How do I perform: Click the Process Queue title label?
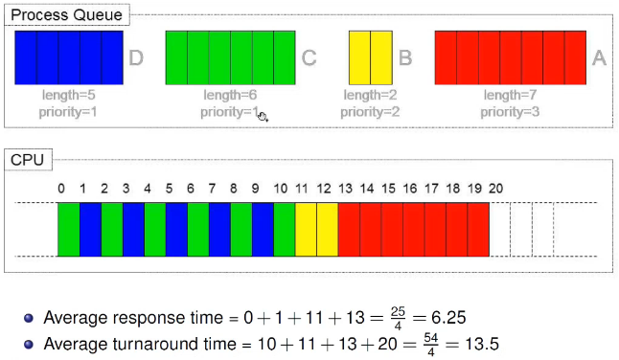(x=66, y=15)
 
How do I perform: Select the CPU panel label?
(x=27, y=160)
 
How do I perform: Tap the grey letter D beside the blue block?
(x=136, y=58)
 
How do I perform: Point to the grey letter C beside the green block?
(x=309, y=58)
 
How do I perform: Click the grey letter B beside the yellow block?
(x=405, y=58)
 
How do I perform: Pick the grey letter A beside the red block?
(x=599, y=58)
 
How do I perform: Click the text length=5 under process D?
(x=69, y=95)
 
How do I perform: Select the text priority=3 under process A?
(x=510, y=112)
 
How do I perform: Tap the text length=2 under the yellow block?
(x=370, y=95)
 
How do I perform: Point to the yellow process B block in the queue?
(x=371, y=58)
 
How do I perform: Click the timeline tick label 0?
(x=61, y=189)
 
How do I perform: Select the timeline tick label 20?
(x=495, y=189)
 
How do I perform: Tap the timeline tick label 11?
(x=302, y=189)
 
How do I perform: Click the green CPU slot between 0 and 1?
(x=69, y=230)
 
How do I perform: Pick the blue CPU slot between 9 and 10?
(x=263, y=230)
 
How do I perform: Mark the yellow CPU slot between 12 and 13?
(x=328, y=230)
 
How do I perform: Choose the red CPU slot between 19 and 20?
(x=478, y=230)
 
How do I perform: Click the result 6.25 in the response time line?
(x=448, y=318)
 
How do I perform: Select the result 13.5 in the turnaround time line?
(x=482, y=344)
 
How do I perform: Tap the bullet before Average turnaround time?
(x=29, y=345)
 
